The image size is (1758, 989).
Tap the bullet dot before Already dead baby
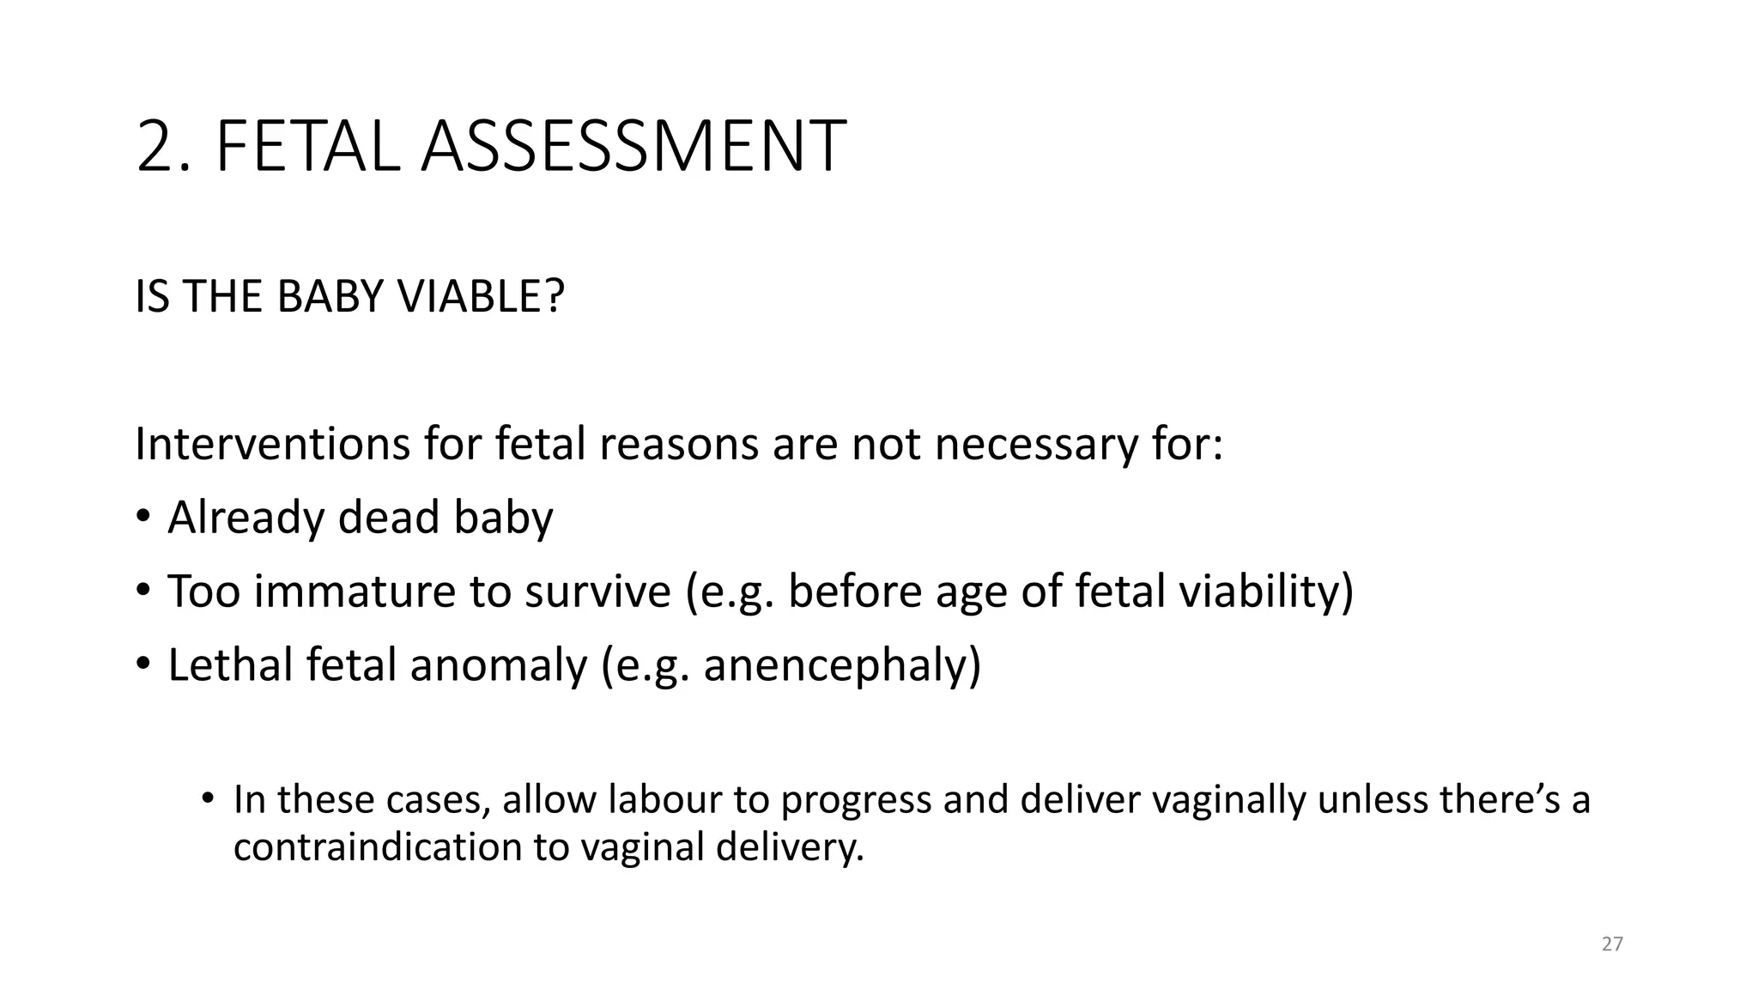coord(143,516)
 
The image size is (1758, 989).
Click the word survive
coord(597,592)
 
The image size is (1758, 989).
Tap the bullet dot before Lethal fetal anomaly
coord(143,664)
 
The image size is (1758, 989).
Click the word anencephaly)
coord(841,665)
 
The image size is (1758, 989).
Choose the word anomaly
coord(498,665)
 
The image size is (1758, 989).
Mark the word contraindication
coord(378,846)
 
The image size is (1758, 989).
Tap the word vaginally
coord(1228,799)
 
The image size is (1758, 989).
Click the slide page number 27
coord(1612,944)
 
